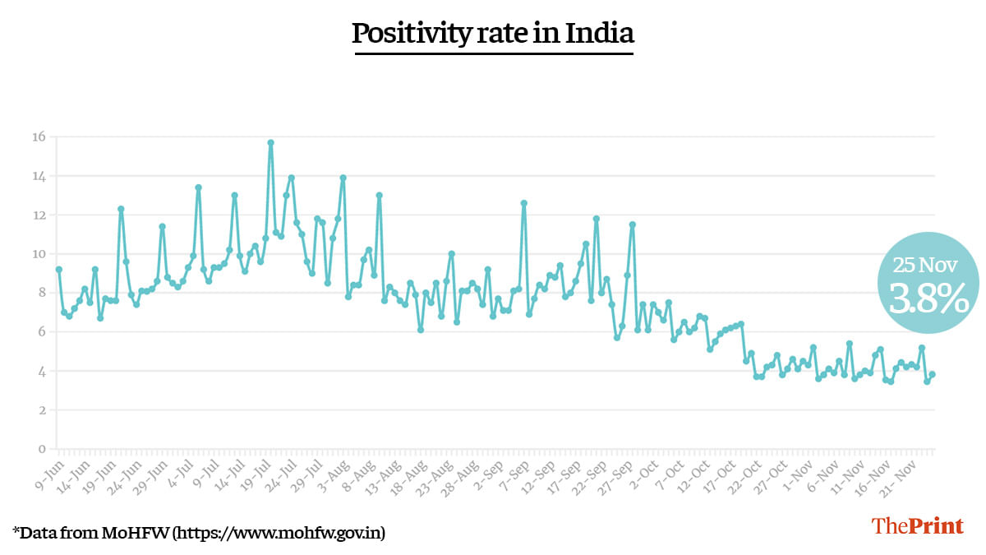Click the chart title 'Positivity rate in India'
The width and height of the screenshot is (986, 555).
pos(493,34)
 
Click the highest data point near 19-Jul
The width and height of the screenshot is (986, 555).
pos(270,143)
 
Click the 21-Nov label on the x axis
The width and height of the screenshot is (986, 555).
pos(918,471)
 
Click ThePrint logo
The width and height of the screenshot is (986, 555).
pos(917,526)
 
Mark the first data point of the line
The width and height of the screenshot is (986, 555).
pos(58,270)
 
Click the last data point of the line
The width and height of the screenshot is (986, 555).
pos(933,375)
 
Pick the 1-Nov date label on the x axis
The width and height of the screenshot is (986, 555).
pos(795,470)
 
